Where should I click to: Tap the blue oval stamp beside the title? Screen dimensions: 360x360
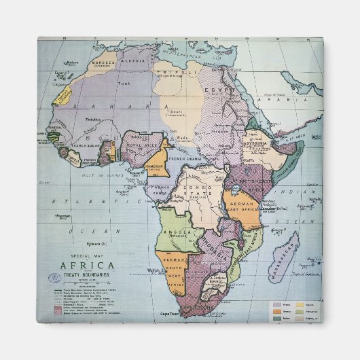(54, 277)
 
